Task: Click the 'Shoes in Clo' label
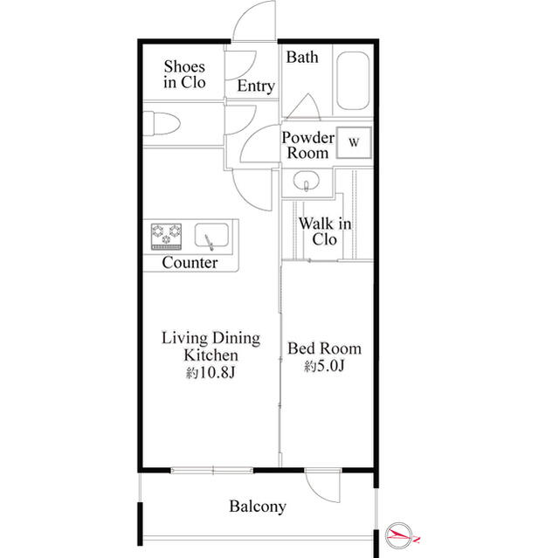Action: pos(184,74)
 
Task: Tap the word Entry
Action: pos(256,86)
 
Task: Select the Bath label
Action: pos(302,58)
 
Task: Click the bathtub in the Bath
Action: pos(354,84)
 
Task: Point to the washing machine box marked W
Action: pos(355,141)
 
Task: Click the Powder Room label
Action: pos(307,145)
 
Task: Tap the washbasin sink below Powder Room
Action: pos(307,183)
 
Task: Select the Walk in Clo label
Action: pos(324,231)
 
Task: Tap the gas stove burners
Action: pos(166,234)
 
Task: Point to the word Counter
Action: pos(190,263)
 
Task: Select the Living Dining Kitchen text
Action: pos(210,347)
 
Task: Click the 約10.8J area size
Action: pos(210,373)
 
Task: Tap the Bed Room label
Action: pos(324,348)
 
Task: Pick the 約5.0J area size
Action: pos(324,366)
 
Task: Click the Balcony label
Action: pos(258,506)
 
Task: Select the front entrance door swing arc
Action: pos(255,19)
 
